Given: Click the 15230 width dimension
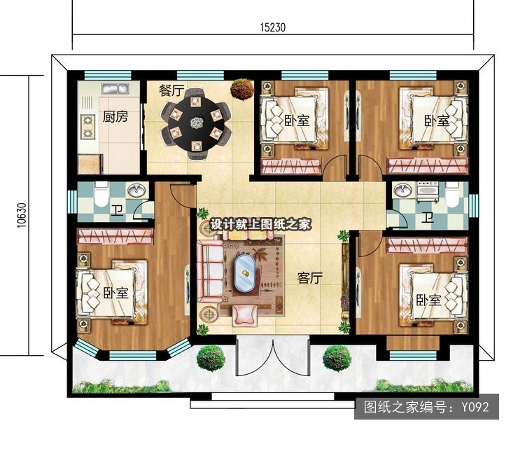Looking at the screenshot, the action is pos(273,27).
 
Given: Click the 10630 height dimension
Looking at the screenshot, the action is pos(22,216).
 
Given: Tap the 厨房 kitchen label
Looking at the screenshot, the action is pos(115,117).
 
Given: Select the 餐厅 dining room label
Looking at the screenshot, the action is pos(171,90).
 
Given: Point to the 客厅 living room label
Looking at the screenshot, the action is pos(309,278).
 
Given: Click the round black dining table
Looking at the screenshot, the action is pos(196,123).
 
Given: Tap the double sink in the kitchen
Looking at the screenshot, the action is pos(115,89).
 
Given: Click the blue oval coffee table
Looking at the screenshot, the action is pos(245,273).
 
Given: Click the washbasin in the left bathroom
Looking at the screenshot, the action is pos(136,191).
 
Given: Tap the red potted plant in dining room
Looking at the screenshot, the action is pos(242,89).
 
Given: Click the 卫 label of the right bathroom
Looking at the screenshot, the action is pos(427,218).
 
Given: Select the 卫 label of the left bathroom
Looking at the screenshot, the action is pos(117,210).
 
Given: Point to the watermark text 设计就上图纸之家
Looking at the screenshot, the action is pos(260,224).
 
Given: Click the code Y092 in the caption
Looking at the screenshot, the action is pos(475,407).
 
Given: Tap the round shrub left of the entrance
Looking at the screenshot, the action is pos(211,359).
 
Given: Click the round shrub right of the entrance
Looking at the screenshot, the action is pos(337,358).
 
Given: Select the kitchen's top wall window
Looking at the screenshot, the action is pos(107,76).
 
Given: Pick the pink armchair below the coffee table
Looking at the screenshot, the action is pos(245,315).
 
